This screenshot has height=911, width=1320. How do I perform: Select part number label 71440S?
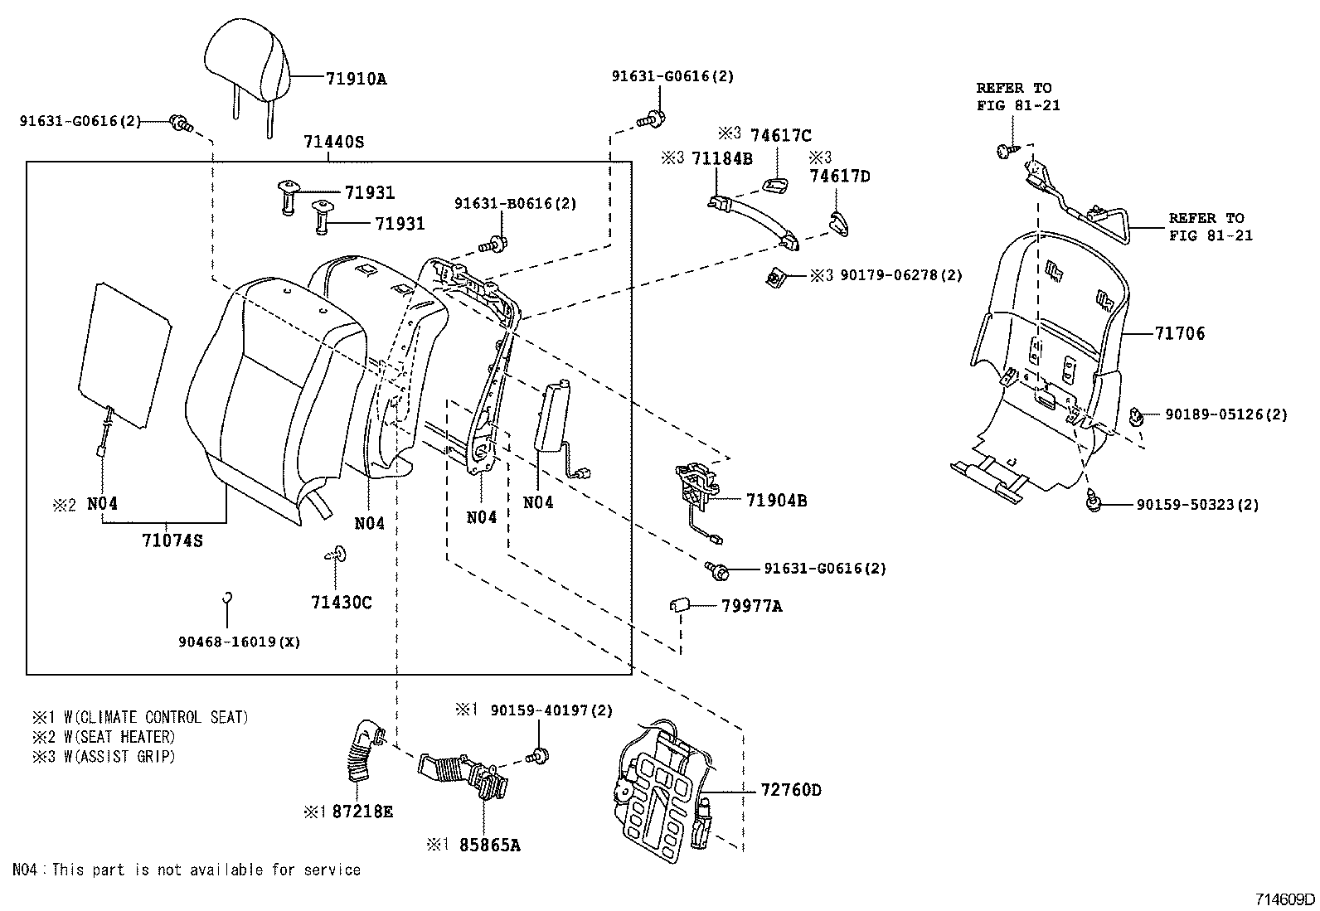pos(333,142)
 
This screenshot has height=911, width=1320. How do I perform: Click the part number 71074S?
pos(172,541)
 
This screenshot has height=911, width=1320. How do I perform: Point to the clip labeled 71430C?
pos(337,555)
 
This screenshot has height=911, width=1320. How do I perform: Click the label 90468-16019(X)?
pos(239,641)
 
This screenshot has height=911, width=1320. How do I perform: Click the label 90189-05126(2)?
pos(1226,414)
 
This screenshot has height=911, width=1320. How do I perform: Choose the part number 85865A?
pos(492,845)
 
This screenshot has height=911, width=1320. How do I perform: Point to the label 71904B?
pos(776,500)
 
